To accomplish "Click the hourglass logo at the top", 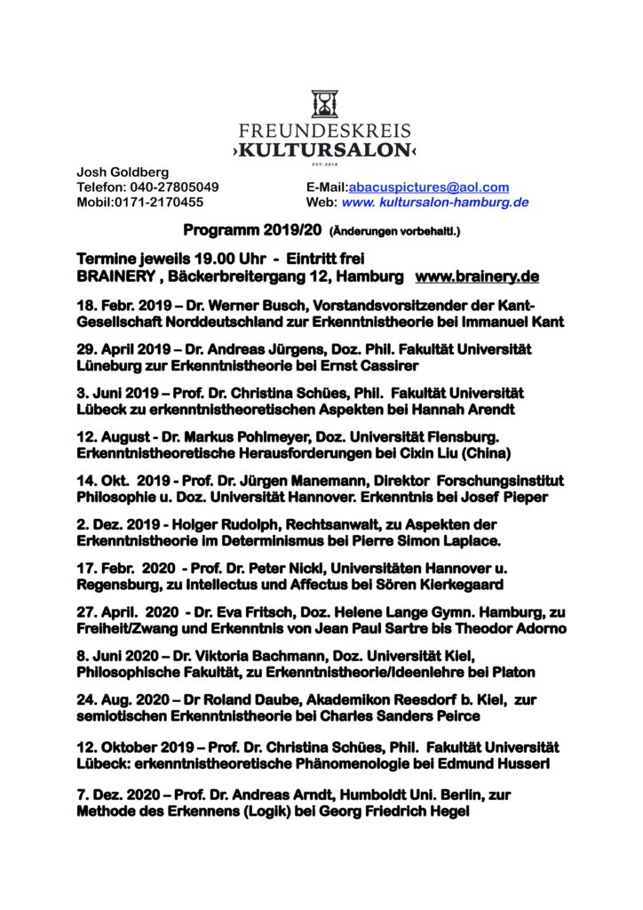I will tap(324, 104).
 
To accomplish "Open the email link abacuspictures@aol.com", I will tap(429, 187).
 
